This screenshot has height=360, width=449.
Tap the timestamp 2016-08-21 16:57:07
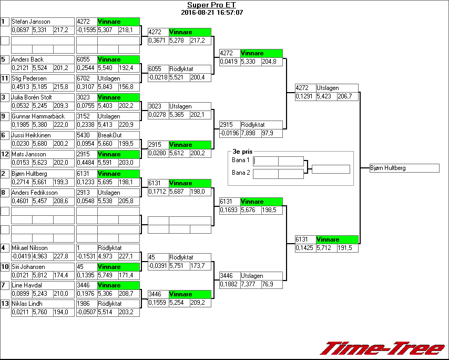[x=211, y=12]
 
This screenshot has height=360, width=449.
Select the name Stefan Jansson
[x=31, y=22]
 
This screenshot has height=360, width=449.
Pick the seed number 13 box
[x=5, y=304]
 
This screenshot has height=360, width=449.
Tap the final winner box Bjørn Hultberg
[x=404, y=168]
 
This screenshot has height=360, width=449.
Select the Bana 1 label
[x=240, y=160]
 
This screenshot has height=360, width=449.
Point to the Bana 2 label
[x=240, y=173]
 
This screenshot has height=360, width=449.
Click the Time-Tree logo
[x=383, y=348]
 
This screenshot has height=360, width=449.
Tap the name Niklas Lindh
[x=28, y=304]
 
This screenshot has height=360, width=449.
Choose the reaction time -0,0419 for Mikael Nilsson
[x=21, y=256]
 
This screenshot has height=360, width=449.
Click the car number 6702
[x=84, y=78]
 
